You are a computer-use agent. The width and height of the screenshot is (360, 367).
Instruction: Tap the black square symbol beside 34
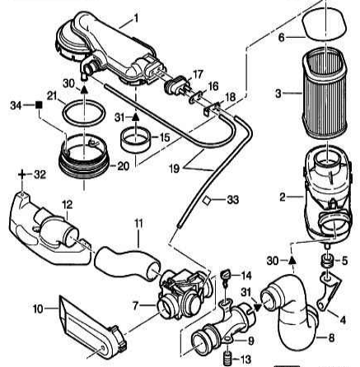(x=37, y=105)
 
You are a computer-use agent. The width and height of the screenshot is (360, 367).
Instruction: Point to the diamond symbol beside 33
(x=209, y=200)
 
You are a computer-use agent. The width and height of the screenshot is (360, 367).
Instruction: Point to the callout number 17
(x=198, y=73)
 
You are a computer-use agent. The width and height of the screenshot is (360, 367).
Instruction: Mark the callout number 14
(x=245, y=274)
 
